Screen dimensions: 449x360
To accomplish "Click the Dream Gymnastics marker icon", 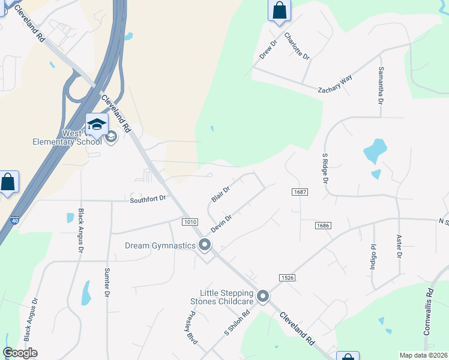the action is (x=205, y=245).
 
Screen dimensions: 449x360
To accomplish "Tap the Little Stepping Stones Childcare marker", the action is (x=263, y=296).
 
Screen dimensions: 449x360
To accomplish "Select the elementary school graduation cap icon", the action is (x=96, y=125).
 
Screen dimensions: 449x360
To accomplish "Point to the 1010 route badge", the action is (x=190, y=222).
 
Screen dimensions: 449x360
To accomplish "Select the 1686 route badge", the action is (x=323, y=224).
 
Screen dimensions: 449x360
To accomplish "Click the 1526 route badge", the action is (x=286, y=277).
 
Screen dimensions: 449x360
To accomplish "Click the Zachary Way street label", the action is (x=335, y=84).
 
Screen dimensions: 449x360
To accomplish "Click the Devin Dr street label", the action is (x=220, y=226).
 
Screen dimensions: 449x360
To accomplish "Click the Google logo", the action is (x=20, y=353).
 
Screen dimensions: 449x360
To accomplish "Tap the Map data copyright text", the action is (x=423, y=355).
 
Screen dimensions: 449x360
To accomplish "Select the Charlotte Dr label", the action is (x=297, y=46).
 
